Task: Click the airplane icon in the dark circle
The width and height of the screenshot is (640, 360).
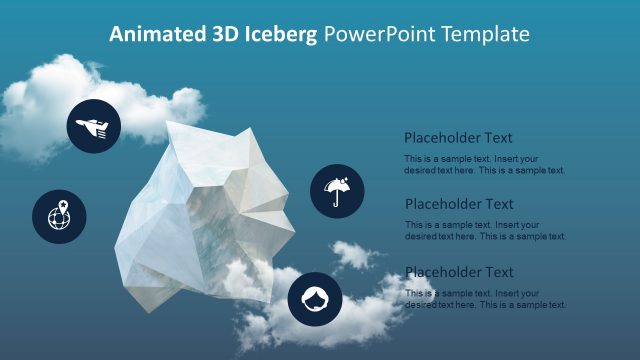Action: [x=93, y=126]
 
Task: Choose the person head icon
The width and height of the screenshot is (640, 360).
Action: [x=315, y=299]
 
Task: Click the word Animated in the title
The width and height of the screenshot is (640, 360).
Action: [x=154, y=35]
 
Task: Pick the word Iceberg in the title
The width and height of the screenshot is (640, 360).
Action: [x=282, y=35]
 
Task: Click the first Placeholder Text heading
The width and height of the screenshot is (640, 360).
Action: [x=458, y=138]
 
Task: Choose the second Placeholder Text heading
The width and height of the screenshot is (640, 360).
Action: [x=458, y=204]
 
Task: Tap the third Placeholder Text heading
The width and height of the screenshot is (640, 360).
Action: [x=458, y=272]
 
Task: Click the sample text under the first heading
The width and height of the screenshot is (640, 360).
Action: [x=485, y=165]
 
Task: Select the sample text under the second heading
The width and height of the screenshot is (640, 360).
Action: [x=485, y=231]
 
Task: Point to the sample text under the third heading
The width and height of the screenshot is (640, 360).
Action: [x=485, y=299]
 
